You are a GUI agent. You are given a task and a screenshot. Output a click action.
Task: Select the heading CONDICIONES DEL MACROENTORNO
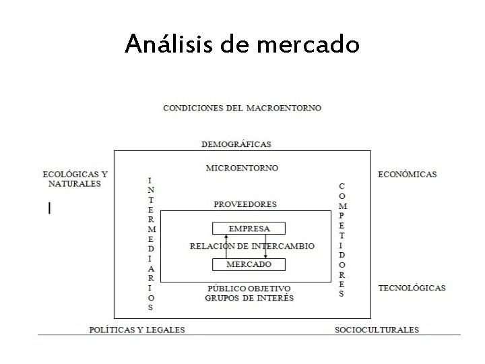click(243, 108)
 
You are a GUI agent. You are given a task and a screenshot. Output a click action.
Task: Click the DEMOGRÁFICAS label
click(236, 144)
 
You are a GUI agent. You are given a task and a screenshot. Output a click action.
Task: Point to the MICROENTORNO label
click(242, 168)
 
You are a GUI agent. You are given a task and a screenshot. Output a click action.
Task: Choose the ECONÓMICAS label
click(408, 174)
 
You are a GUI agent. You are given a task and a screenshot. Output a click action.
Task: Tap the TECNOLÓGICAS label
click(412, 288)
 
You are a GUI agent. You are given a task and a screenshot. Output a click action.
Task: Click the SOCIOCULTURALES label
click(377, 330)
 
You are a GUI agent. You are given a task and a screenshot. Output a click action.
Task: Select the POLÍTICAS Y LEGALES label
click(137, 330)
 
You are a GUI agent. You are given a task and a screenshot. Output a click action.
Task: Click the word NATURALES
click(74, 183)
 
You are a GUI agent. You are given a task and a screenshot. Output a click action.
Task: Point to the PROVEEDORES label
click(245, 204)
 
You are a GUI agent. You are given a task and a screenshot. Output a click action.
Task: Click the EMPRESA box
click(249, 229)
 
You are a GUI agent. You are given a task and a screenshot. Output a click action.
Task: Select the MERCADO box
click(249, 264)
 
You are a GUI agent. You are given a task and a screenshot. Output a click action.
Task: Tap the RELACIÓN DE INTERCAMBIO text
click(253, 246)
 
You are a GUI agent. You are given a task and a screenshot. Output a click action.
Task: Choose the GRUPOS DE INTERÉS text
click(249, 297)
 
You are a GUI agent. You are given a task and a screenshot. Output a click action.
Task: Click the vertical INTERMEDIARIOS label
click(150, 243)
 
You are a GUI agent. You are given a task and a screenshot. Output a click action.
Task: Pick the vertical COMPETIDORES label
click(342, 239)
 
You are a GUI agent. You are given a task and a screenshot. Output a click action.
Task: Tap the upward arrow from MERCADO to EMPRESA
click(226, 246)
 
